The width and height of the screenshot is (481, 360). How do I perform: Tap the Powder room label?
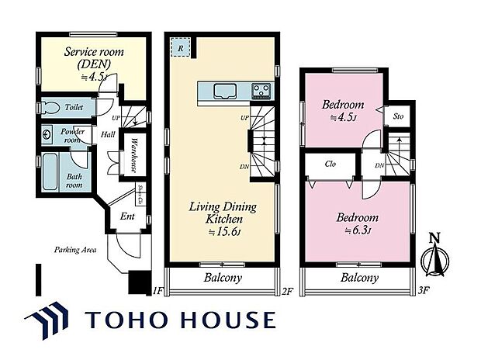coord(73,136)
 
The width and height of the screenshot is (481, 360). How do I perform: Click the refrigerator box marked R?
coord(180,48)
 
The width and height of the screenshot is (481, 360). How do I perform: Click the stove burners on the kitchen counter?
coord(261,92)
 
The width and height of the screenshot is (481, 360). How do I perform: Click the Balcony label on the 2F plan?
coord(223,277)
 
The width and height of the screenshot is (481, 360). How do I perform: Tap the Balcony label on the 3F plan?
coord(359,277)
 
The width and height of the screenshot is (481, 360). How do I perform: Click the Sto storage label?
coord(398,116)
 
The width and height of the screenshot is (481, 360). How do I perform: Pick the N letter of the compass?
coord(434,238)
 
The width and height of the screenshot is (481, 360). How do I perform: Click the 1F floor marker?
coord(157,291)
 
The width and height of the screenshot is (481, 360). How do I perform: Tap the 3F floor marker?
coord(423,291)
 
